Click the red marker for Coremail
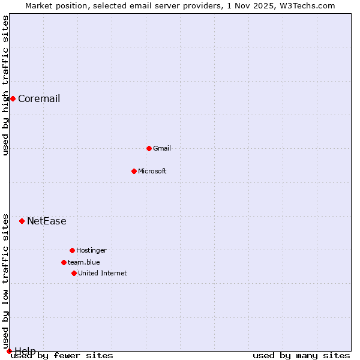pos(13,98)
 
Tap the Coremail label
pos(39,99)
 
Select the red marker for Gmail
pos(149,148)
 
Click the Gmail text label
pos(162,148)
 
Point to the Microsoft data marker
pos(134,171)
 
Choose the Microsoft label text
pos(152,171)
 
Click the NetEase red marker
pos(22,221)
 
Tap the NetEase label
pos(47,221)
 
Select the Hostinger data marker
pos(72,250)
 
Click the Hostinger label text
pos(91,250)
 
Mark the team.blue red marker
pos(64,262)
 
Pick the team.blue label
pos(84,262)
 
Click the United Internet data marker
pos(74,273)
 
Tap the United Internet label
pos(103,273)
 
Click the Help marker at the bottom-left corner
pos(9,351)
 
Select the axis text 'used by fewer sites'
pos(62,355)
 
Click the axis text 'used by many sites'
pos(301,355)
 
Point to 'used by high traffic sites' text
pos(5,85)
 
